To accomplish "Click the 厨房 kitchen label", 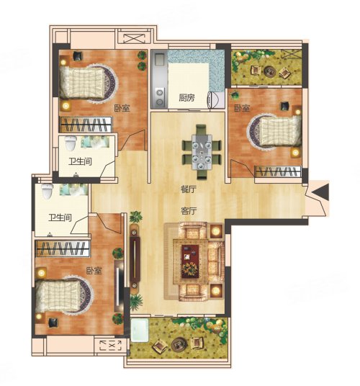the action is pos(186,98).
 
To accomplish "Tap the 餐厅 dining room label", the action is pos(188,189).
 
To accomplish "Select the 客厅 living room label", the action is pos(189,211).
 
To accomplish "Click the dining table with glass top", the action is pos(202,152).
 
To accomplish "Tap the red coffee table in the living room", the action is pos(190,261).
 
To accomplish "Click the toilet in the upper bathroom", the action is pos(71,143).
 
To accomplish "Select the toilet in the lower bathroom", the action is pos(48,192).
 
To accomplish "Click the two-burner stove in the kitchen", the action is pos(160,97).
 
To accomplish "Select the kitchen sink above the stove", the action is pos(159,59).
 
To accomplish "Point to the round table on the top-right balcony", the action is pos(270,71).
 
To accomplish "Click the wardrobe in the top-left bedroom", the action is pos(86,125).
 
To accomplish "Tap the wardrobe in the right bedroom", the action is pos(278,171).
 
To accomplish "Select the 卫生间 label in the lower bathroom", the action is pos(60,217).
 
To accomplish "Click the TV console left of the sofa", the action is pos(135,259).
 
